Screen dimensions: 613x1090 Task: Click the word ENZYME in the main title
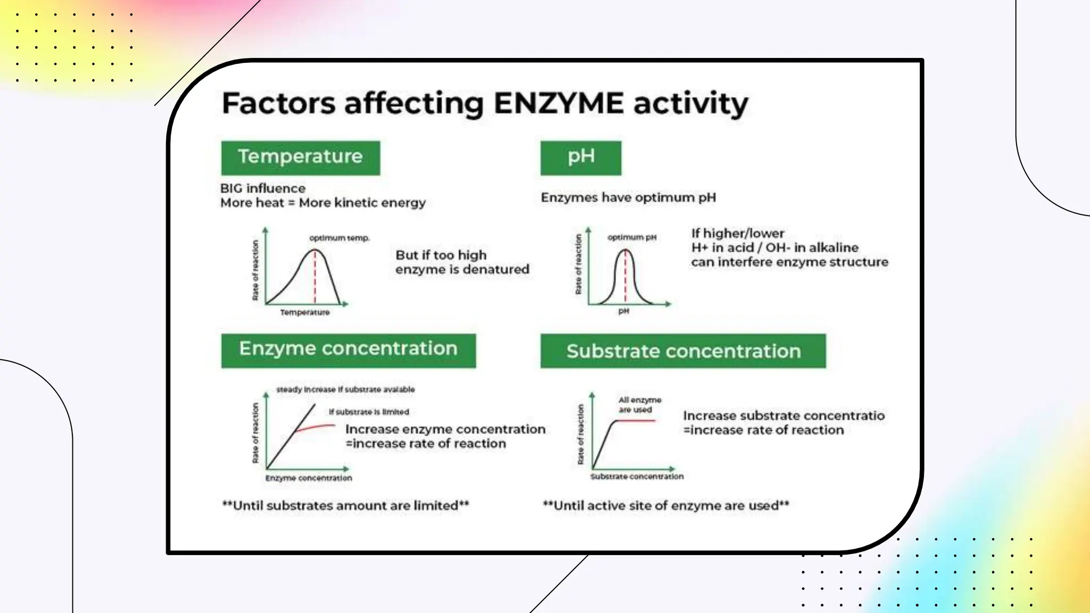point(558,103)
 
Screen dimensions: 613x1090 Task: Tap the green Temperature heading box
point(301,158)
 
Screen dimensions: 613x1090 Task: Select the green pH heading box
point(581,158)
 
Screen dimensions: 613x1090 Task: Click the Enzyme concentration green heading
point(349,350)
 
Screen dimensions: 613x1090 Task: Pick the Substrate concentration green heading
point(683,351)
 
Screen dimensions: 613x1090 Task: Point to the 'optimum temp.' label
point(340,238)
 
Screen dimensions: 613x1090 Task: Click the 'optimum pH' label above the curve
point(632,237)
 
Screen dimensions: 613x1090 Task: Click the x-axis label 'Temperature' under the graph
point(305,312)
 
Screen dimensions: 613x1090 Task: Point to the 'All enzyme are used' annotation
point(640,405)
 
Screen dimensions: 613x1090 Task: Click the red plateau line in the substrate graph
point(636,420)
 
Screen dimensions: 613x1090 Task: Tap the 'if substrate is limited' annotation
point(369,412)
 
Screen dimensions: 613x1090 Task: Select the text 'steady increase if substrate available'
point(345,390)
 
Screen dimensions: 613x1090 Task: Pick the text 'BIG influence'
point(263,188)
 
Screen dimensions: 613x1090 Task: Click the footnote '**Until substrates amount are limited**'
point(346,506)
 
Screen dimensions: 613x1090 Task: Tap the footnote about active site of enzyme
point(666,506)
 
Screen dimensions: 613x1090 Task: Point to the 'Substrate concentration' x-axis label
point(637,477)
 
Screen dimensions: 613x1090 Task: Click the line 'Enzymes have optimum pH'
point(629,197)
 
